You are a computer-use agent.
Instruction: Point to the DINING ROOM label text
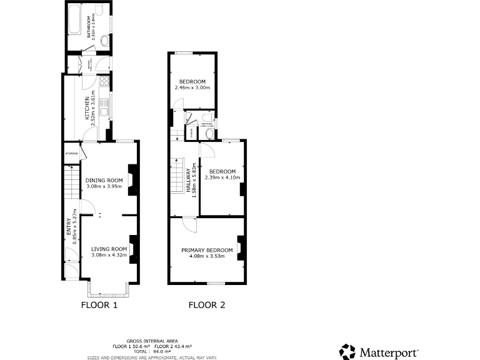pyautogui.click(x=104, y=180)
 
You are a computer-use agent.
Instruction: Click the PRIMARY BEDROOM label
pyautogui.click(x=207, y=250)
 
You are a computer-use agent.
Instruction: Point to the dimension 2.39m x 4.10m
pyautogui.click(x=222, y=177)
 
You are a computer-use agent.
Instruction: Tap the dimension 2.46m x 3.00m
pyautogui.click(x=192, y=88)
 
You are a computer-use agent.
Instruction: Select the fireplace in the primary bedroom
pyautogui.click(x=239, y=247)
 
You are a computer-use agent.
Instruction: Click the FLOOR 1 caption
pyautogui.click(x=100, y=306)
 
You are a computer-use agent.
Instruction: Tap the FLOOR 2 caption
pyautogui.click(x=207, y=306)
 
